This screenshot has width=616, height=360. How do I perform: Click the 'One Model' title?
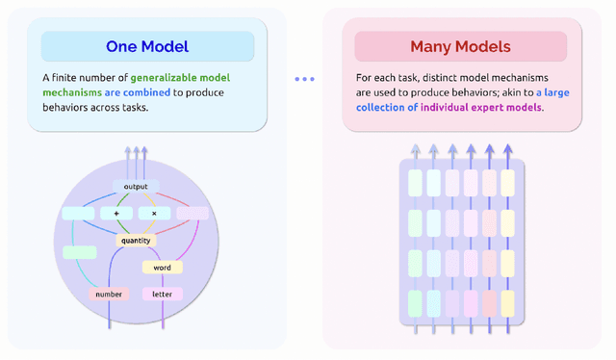147,46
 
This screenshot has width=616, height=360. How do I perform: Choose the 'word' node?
162,267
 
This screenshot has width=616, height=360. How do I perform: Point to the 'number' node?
109,294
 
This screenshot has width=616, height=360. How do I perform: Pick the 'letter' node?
162,294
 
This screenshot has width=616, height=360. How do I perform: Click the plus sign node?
116,213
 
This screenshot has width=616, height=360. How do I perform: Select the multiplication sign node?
153,213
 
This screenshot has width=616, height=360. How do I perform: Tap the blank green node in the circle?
79,252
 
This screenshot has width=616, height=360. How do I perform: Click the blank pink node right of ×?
192,213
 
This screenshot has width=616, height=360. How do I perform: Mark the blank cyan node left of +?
78,213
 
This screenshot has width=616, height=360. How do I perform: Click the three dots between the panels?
304,79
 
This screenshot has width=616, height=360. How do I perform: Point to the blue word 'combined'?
141,93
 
